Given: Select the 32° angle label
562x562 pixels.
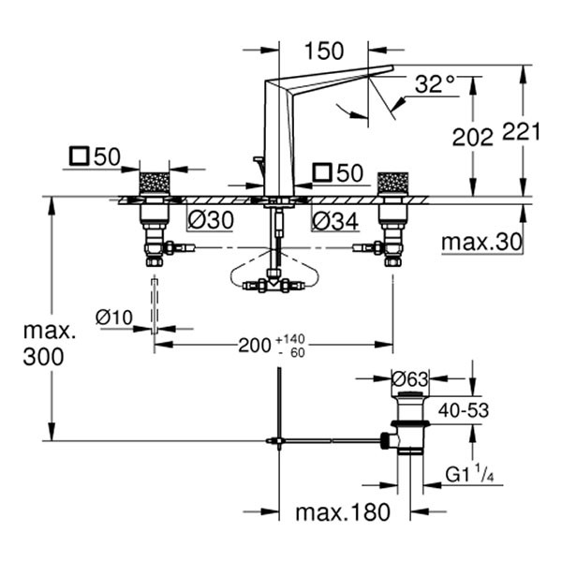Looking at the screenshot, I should (x=435, y=85).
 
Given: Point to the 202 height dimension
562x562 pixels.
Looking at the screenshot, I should (x=472, y=136).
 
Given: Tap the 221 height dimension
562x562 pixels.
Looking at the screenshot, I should (x=522, y=131).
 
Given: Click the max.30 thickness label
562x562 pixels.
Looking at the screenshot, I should (x=481, y=244).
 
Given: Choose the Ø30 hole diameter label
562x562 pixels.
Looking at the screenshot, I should (x=211, y=221).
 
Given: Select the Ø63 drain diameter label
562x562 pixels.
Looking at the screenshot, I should (x=410, y=379).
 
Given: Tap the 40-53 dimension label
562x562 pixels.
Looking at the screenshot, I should (x=464, y=409).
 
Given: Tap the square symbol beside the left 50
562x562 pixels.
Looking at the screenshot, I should (x=81, y=156).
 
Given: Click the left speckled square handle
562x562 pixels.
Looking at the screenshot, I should (x=154, y=184).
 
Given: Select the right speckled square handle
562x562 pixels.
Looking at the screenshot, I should (x=392, y=184).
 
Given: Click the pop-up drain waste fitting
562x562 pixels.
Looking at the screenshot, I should (x=409, y=426).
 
